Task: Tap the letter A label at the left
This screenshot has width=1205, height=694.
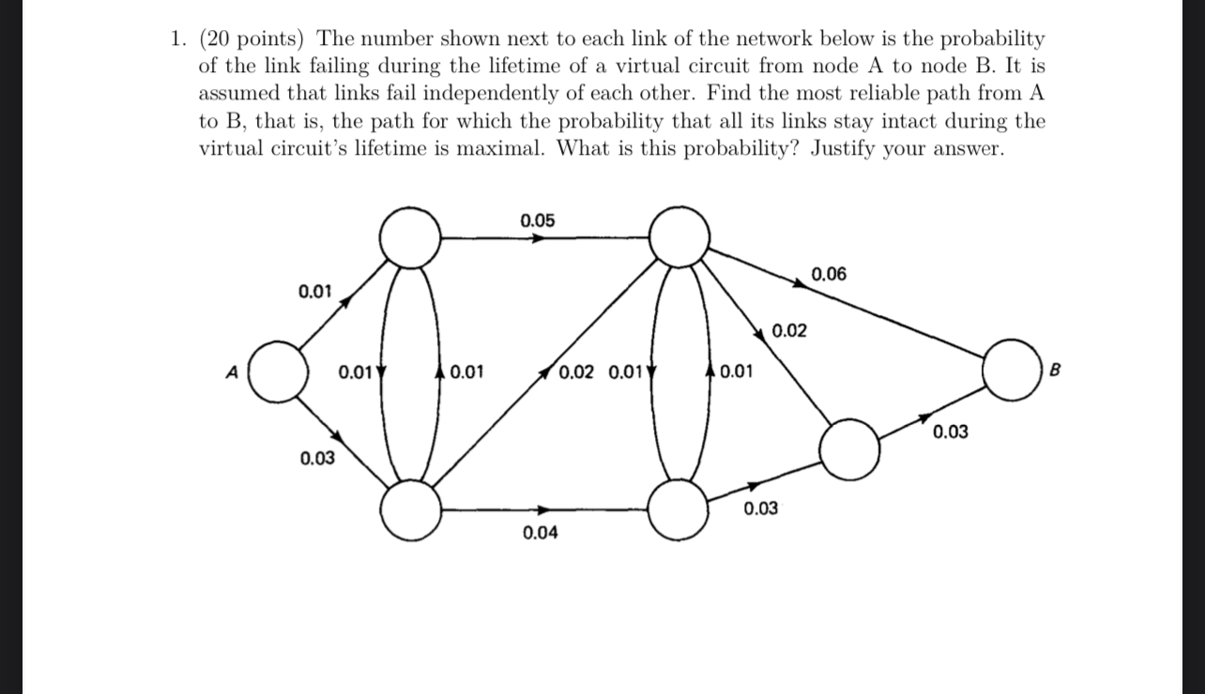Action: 231,370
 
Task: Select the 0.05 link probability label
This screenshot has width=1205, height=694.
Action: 537,221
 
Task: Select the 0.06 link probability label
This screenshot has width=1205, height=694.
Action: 828,274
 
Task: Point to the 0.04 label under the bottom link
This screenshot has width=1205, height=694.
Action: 540,533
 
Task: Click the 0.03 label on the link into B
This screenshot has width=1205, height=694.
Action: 950,432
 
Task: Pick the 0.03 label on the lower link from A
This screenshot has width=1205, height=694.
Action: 317,459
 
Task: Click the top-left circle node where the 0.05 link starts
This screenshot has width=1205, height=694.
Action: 410,237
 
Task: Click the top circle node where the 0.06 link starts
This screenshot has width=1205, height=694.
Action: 679,237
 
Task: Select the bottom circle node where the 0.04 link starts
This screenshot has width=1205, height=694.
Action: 410,510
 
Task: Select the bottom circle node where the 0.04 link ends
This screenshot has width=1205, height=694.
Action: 679,510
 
